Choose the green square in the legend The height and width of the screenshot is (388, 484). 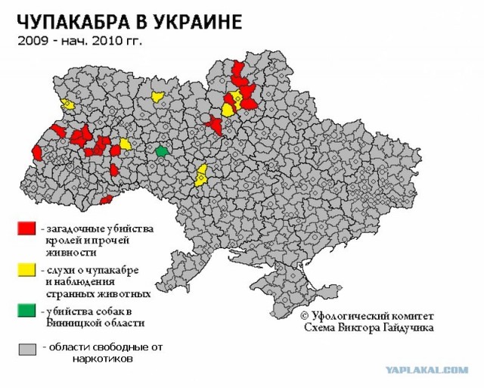[x=26, y=309]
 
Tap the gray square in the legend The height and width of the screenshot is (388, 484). [x=26, y=349]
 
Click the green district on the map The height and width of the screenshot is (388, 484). [x=161, y=151]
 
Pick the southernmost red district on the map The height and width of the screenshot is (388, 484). [x=107, y=200]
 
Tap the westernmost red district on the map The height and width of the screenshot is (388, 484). [x=36, y=153]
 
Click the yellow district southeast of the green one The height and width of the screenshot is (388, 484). [x=201, y=176]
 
